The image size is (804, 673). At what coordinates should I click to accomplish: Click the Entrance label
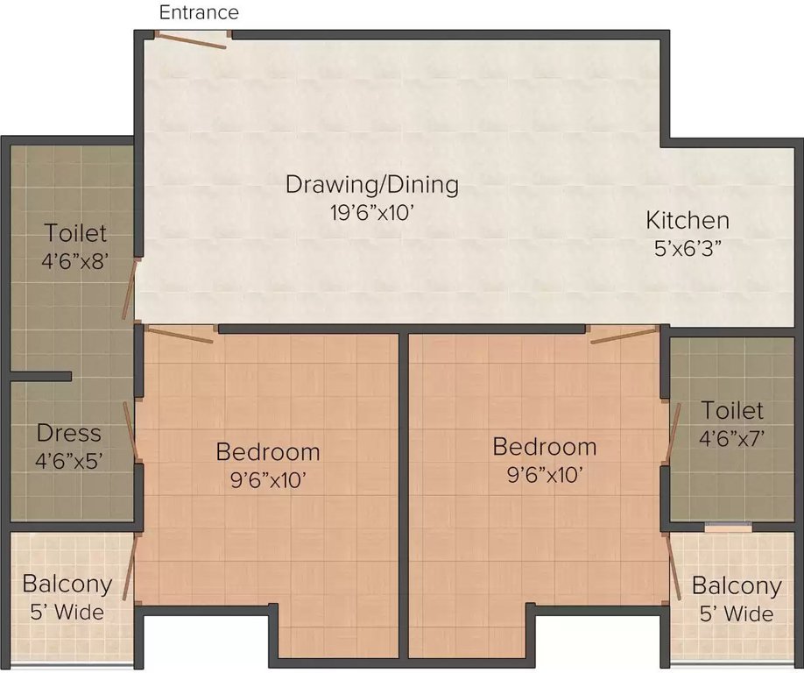coord(199,12)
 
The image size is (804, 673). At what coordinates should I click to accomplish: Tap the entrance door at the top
coord(192,39)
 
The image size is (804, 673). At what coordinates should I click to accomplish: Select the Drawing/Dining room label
coord(371,185)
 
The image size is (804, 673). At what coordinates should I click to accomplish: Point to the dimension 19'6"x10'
coord(371,213)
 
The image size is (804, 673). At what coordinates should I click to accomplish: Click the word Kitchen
coord(687,219)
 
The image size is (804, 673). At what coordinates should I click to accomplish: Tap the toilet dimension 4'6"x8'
coord(75,260)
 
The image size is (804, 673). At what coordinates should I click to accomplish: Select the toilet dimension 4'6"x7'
coord(732,437)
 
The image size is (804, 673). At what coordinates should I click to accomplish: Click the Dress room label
coord(68,433)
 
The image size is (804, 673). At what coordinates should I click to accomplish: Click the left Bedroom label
coord(267,452)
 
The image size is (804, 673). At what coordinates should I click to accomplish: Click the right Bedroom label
coord(544,446)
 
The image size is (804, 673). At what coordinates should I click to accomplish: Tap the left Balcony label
coord(67,584)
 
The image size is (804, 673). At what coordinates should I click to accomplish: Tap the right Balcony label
coord(736,585)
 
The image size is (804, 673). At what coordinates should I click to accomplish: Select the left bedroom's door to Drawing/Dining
coord(179,334)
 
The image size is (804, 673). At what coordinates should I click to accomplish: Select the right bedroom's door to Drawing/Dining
coord(624,334)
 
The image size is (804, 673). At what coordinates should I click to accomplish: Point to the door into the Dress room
coord(130,430)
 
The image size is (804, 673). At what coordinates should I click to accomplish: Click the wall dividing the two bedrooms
coord(404,495)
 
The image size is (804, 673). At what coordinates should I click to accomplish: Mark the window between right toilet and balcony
coord(728,528)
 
